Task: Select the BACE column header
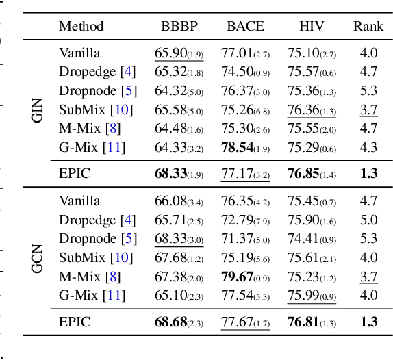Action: (245, 27)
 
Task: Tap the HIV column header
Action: (312, 27)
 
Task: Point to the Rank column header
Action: (368, 27)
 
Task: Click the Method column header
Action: (81, 27)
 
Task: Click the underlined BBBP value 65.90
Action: (169, 53)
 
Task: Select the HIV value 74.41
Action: (302, 238)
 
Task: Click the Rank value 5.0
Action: (368, 220)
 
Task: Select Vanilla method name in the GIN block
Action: (79, 53)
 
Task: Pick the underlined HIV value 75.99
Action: (302, 294)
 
